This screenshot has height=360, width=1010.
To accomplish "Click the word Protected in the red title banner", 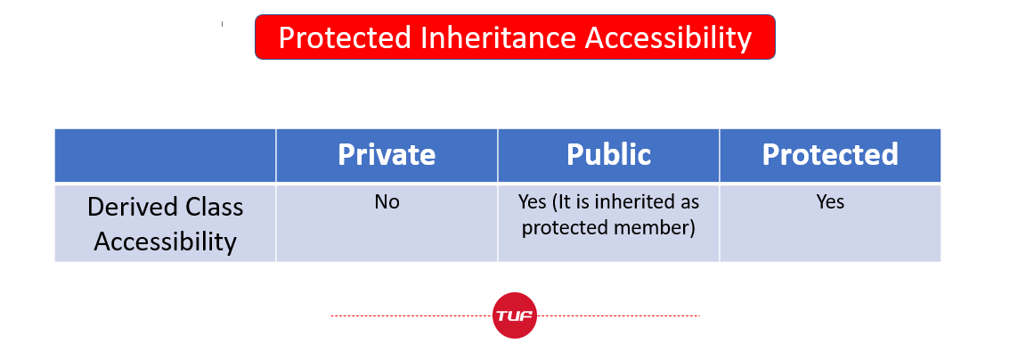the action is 345,38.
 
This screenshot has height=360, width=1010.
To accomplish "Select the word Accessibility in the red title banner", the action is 669,38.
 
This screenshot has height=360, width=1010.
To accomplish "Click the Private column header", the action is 387,155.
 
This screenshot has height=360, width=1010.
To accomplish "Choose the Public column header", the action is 608,155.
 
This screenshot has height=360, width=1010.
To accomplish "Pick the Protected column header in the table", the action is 830,155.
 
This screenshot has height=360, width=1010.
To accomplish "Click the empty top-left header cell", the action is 166,155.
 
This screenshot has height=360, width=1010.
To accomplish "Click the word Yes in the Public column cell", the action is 532,202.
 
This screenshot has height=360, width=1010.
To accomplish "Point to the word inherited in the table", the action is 633,202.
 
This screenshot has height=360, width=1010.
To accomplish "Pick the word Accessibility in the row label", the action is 166,242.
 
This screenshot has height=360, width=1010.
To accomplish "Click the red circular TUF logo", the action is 515,315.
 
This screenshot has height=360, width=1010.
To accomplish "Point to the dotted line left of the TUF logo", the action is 411,316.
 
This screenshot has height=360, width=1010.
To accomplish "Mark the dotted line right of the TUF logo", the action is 618,316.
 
